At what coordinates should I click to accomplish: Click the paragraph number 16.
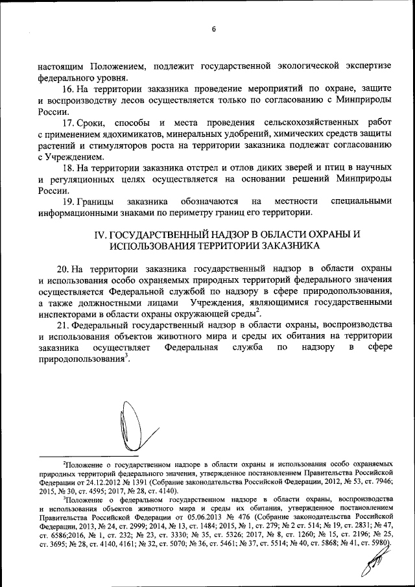coord(67,88)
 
